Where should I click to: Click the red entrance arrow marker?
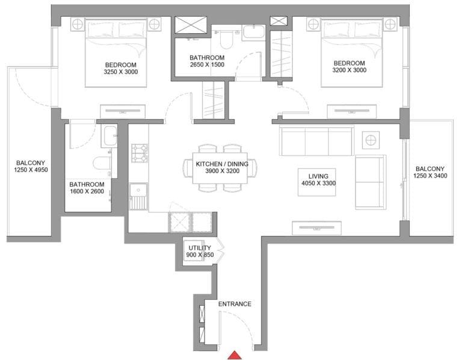coord(234,355)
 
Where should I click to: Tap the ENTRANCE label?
coord(234,304)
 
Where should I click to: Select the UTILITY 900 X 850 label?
coord(200,251)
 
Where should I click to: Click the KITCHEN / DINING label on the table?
coord(217,167)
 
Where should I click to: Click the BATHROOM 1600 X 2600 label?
coord(87,188)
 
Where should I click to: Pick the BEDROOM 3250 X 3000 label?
coord(120,69)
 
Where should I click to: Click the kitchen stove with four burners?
coord(140,153)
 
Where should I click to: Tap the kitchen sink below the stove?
coord(139,196)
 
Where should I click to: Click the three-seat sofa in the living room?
coord(316,142)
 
